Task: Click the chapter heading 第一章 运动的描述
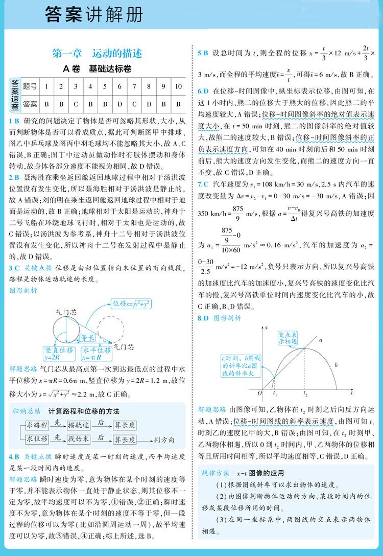click(x=97, y=53)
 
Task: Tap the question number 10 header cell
click(x=178, y=86)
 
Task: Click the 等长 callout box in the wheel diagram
click(x=88, y=337)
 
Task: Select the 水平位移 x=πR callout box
click(x=97, y=354)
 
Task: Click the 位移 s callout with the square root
click(x=131, y=304)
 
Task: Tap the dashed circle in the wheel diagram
click(x=111, y=330)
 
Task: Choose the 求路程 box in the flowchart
click(x=37, y=425)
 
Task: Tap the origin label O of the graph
click(x=259, y=392)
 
